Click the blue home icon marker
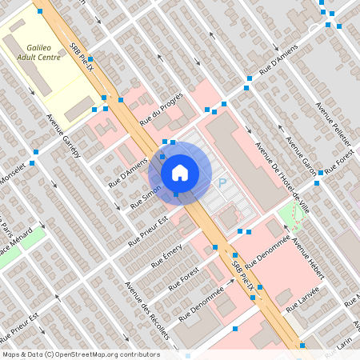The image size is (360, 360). coord(180,172)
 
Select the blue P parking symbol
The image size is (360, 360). coord(222,183)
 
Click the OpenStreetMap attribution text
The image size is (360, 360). coord(80,354)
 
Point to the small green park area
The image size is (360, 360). coord(293,215)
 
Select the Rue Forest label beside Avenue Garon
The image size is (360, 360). coord(339,165)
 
